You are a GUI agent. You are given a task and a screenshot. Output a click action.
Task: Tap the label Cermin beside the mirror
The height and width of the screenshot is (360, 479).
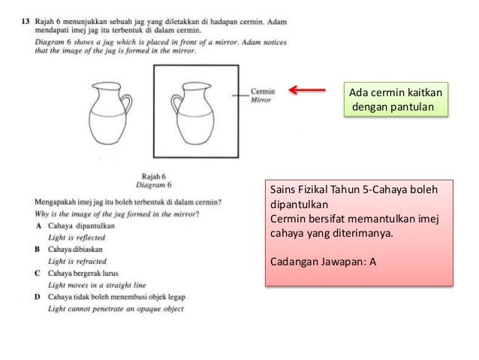coord(263,92)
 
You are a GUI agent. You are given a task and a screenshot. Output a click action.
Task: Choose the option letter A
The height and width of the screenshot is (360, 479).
coord(38,225)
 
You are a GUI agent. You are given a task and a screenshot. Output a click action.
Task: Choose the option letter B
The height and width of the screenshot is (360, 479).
coord(38,249)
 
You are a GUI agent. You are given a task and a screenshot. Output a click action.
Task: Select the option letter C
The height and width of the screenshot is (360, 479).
coord(38,273)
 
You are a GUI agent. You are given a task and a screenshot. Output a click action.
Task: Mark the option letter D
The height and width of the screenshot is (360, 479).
coord(38,296)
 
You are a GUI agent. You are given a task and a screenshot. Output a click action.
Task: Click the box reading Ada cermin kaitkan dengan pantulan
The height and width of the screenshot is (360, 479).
coord(394,100)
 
